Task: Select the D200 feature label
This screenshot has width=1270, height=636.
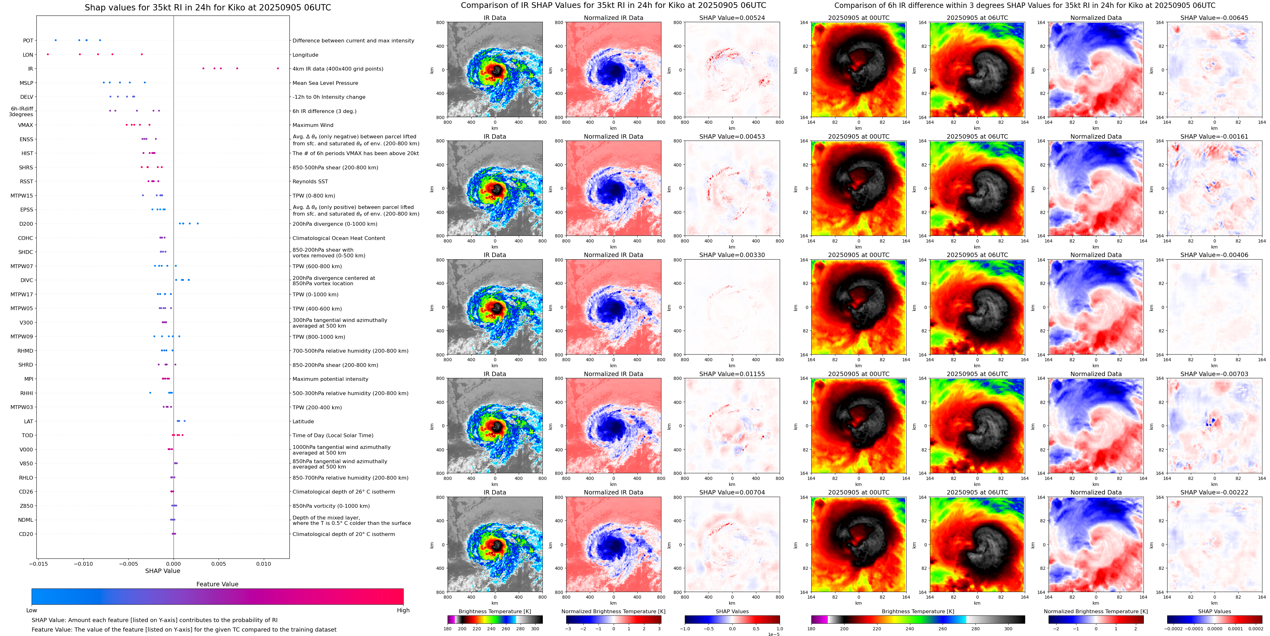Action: (x=26, y=224)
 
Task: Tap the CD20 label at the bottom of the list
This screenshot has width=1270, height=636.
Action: (x=26, y=534)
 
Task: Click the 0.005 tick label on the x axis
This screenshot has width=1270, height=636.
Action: (x=218, y=564)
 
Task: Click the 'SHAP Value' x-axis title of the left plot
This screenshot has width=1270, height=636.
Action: (x=162, y=571)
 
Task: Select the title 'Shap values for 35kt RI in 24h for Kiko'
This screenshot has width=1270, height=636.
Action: (x=208, y=7)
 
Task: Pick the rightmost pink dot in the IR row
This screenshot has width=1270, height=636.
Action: (x=278, y=69)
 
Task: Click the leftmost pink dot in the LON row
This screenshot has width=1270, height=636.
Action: (x=48, y=54)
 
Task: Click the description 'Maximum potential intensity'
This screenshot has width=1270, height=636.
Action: (x=330, y=379)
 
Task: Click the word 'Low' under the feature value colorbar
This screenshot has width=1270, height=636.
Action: (x=32, y=610)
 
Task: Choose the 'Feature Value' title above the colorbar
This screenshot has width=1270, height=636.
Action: (x=217, y=584)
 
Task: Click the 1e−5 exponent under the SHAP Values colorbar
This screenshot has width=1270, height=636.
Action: (x=773, y=634)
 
